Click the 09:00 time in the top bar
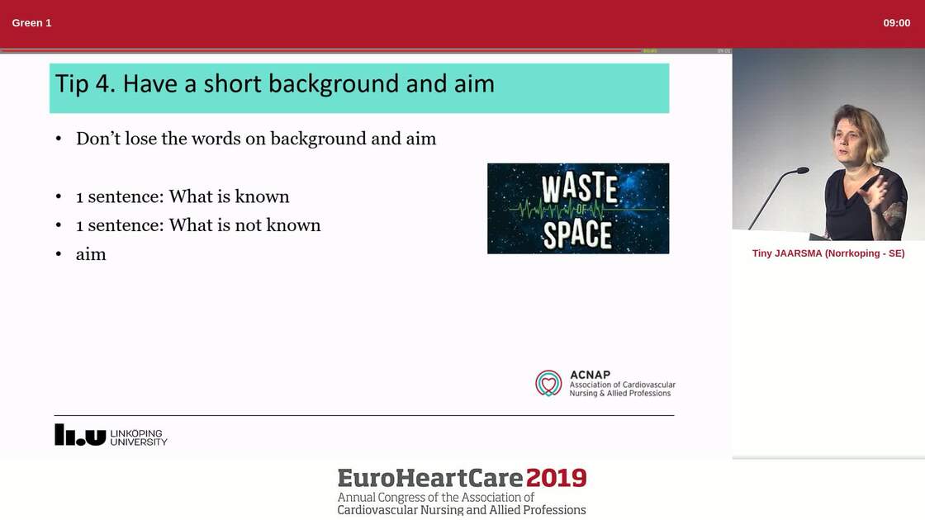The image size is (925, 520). point(896,23)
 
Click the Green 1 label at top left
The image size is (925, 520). point(31,23)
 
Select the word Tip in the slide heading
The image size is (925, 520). point(72,84)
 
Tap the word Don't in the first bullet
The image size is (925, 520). point(97,139)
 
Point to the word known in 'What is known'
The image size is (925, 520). point(262,196)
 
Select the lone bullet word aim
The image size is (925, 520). point(91,254)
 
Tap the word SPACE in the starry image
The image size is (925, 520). point(577,234)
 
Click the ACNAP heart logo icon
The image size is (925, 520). point(548,383)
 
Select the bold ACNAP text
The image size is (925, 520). point(590,375)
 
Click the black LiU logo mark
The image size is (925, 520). point(80,435)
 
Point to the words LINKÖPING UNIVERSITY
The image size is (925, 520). point(138,437)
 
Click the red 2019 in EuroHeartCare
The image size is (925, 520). point(556,478)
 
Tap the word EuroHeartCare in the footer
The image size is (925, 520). point(429,478)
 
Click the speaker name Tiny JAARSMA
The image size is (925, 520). point(786,253)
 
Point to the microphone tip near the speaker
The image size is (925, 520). point(802,170)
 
